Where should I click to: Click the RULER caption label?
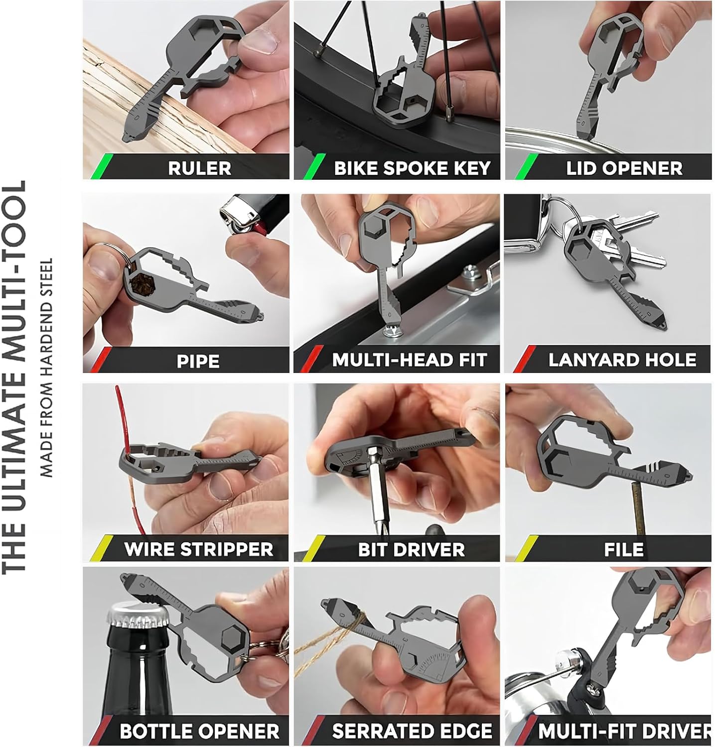199,168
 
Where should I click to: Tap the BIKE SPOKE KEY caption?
412,168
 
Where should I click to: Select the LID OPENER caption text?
624,168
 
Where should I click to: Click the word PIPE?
198,361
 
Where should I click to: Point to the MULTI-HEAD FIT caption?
409,360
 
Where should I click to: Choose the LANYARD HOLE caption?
622,360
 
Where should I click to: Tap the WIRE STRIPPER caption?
199,549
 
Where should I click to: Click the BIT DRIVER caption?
411,549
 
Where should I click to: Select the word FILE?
624,549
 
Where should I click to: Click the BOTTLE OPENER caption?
199,731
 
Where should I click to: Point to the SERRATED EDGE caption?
412,731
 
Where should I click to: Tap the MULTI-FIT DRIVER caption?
624,731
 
